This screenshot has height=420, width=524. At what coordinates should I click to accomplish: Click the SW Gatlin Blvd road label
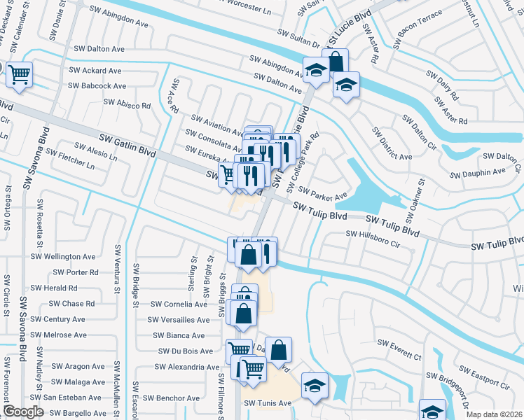(x=127, y=144)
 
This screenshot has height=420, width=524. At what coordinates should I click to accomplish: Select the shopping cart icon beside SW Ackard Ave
(x=20, y=73)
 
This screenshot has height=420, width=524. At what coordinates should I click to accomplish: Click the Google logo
(x=23, y=412)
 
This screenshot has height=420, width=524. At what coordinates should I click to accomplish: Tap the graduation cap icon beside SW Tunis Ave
(x=315, y=385)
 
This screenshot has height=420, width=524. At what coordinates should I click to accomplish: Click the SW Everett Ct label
(x=399, y=349)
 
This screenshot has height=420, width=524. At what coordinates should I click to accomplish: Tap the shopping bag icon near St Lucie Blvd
(x=336, y=61)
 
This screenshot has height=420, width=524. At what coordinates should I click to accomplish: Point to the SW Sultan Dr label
(x=299, y=33)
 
